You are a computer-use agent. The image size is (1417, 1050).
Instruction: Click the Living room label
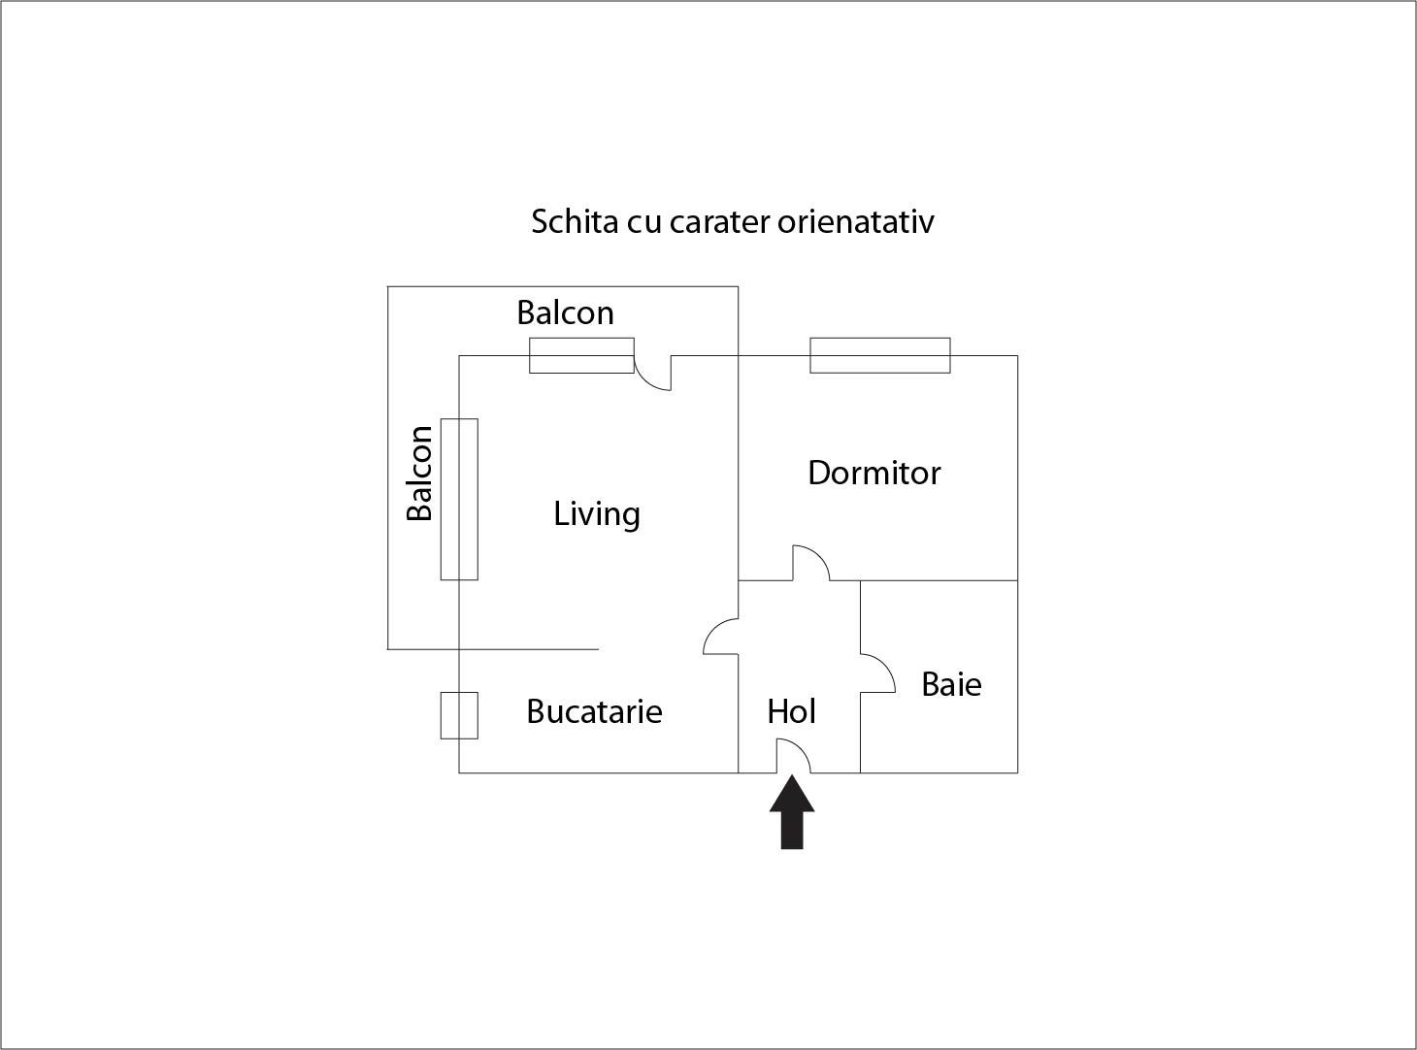pyautogui.click(x=597, y=514)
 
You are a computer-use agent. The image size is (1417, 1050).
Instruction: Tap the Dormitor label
pyautogui.click(x=873, y=474)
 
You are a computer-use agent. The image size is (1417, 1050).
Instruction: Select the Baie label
pyautogui.click(x=951, y=684)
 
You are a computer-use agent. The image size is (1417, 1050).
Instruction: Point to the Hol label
pyautogui.click(x=791, y=711)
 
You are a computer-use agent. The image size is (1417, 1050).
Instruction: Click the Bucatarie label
pyautogui.click(x=594, y=711)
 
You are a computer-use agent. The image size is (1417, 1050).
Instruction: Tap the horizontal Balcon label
pyautogui.click(x=565, y=312)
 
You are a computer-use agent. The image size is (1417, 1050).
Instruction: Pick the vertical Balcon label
pyautogui.click(x=419, y=473)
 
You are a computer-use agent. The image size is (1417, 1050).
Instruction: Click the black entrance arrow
pyautogui.click(x=792, y=811)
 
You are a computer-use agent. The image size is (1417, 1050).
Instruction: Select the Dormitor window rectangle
pyautogui.click(x=879, y=355)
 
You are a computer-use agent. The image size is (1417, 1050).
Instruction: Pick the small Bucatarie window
pyautogui.click(x=459, y=716)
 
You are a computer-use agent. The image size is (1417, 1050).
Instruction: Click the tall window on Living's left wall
pyautogui.click(x=459, y=499)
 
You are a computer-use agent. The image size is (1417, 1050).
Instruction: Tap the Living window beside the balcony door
pyautogui.click(x=581, y=355)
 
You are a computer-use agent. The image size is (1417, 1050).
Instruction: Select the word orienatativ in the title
pyautogui.click(x=855, y=222)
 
